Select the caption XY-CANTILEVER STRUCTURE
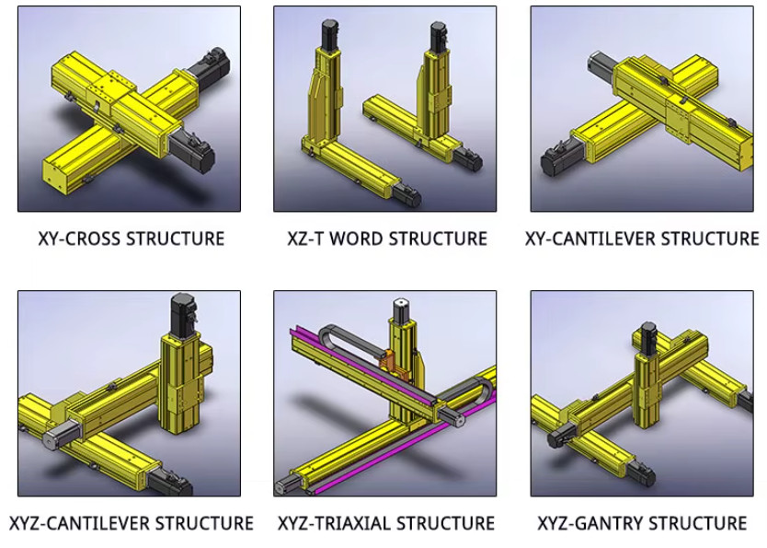(641, 239)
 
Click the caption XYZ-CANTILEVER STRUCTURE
(132, 523)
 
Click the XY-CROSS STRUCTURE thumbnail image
(129, 109)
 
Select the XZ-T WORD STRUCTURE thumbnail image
(384, 109)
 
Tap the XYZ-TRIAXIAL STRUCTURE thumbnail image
(384, 393)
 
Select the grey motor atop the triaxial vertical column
(401, 309)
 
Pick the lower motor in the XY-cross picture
(196, 152)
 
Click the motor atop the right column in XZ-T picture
(438, 38)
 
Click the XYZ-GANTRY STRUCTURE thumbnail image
(641, 393)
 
